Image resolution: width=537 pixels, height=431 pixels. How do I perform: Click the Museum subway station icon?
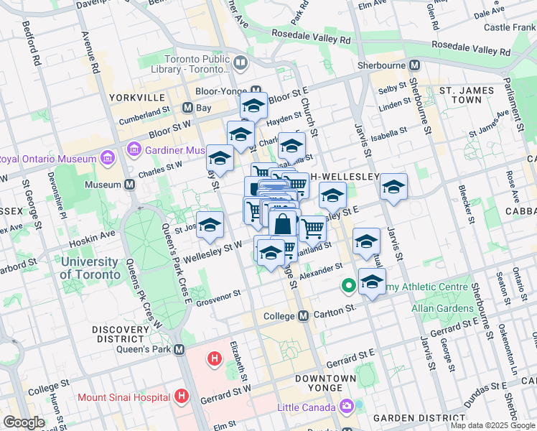[130, 185]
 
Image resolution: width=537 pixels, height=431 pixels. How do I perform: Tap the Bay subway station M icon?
[187, 108]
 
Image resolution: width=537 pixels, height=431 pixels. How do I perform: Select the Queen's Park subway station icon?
[179, 349]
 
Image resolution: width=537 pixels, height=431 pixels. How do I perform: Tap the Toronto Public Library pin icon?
[241, 63]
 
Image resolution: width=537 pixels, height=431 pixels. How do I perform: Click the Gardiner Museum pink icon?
[133, 150]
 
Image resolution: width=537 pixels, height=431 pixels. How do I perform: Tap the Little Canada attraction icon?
[347, 407]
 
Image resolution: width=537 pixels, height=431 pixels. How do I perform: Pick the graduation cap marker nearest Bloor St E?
[253, 106]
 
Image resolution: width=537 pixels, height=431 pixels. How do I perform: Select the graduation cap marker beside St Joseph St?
[210, 225]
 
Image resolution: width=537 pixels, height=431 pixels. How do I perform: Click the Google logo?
[24, 422]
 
